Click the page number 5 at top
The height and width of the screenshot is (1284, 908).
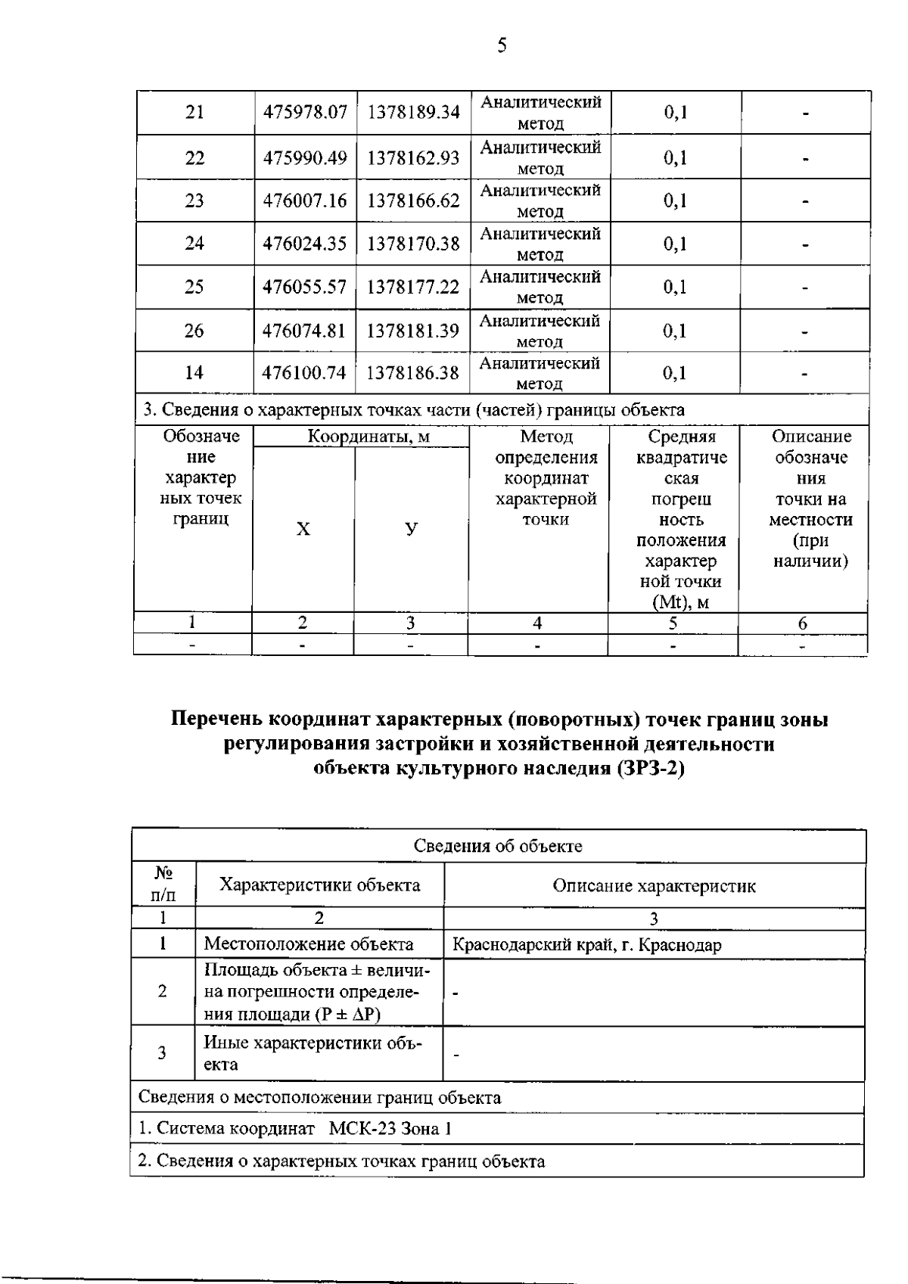click(502, 47)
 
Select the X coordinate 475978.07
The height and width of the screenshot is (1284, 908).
click(305, 113)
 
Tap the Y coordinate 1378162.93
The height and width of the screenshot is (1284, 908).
click(413, 158)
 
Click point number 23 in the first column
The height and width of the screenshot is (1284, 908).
click(194, 201)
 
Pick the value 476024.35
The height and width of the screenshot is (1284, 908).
click(304, 244)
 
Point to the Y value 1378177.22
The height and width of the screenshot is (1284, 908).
click(413, 288)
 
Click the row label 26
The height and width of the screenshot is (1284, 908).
click(194, 331)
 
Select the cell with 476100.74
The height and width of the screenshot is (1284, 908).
click(304, 373)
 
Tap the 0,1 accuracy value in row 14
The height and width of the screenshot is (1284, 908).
click(675, 373)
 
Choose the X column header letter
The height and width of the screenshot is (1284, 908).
click(303, 529)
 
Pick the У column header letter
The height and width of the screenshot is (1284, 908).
click(411, 529)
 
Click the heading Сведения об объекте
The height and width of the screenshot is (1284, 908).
click(498, 846)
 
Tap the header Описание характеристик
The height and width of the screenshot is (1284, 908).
click(654, 886)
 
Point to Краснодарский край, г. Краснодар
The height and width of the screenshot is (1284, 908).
click(586, 945)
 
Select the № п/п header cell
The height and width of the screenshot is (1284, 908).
click(163, 884)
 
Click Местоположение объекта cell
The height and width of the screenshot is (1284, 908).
click(309, 944)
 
